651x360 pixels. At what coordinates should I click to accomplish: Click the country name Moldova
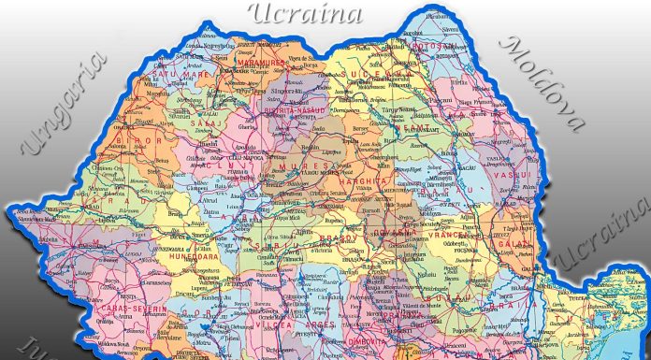point(543,83)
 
